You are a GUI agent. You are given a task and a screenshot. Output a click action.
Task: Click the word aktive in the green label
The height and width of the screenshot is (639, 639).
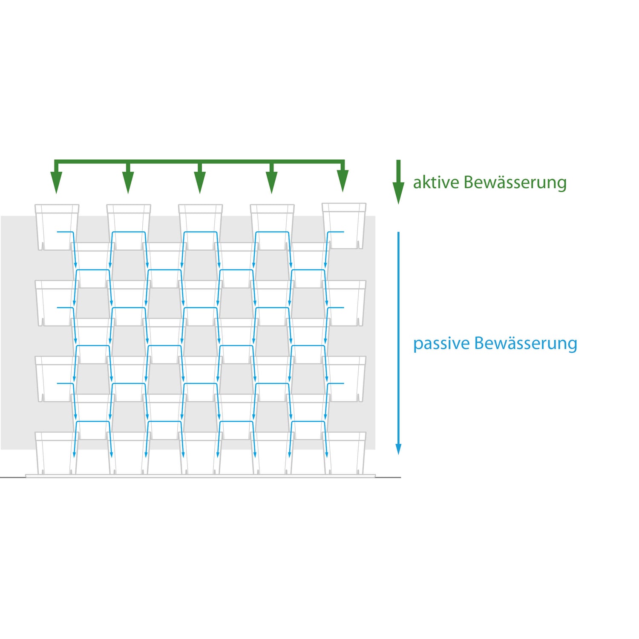point(436,182)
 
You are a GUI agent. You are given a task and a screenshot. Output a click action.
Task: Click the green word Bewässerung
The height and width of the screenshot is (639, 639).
point(515,182)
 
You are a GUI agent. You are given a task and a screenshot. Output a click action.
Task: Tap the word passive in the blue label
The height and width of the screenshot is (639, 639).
point(441,343)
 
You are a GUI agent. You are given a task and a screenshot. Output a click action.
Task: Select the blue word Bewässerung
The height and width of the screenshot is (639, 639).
point(526,343)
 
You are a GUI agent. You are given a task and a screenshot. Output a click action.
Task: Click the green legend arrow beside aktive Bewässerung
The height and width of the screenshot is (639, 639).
point(398,183)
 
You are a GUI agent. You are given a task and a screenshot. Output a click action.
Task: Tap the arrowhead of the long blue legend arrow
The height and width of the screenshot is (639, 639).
point(398,449)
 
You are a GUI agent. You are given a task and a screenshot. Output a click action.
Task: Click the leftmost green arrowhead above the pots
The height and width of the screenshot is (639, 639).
point(56,182)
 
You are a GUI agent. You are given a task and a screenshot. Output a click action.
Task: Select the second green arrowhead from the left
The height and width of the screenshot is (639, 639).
point(128,182)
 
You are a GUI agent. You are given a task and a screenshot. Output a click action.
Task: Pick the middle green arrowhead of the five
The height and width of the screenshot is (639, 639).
point(200,182)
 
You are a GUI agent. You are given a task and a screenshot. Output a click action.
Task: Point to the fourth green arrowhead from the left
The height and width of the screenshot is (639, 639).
point(271,182)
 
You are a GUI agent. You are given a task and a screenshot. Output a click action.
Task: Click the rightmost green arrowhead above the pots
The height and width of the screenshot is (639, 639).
point(343,181)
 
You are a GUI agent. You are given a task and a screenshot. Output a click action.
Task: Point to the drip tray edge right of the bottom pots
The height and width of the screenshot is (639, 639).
point(371,476)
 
